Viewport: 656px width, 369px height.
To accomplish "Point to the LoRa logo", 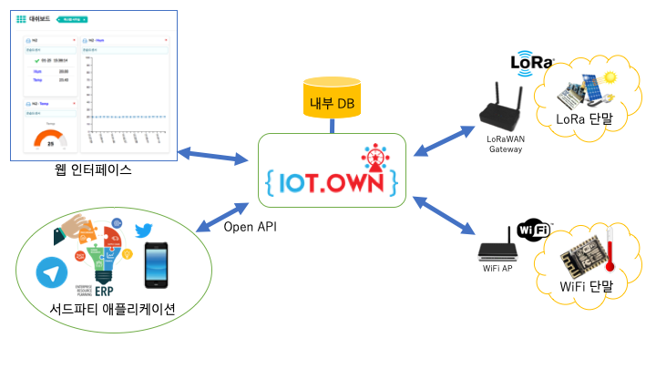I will pyautogui.click(x=533, y=63).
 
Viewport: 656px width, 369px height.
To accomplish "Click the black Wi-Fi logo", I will pyautogui.click(x=534, y=230).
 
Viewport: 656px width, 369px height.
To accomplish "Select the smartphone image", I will pyautogui.click(x=158, y=264).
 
